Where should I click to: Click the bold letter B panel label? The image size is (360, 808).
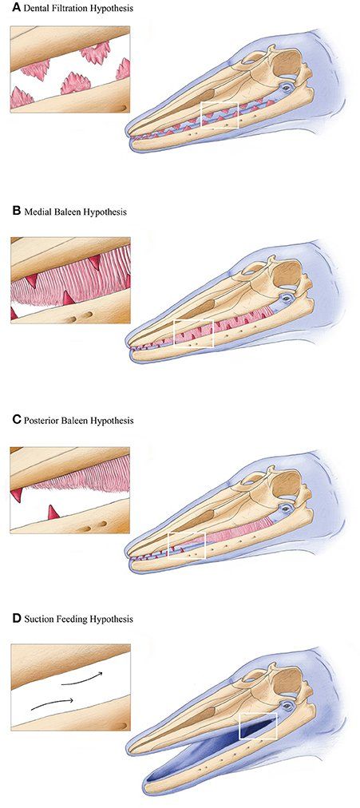15,212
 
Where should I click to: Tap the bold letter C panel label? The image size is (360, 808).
15,420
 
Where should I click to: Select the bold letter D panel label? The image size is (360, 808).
15,618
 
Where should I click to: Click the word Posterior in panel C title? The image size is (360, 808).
39,420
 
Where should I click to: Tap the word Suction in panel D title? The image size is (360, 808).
36,618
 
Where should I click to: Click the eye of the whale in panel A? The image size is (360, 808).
285,88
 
